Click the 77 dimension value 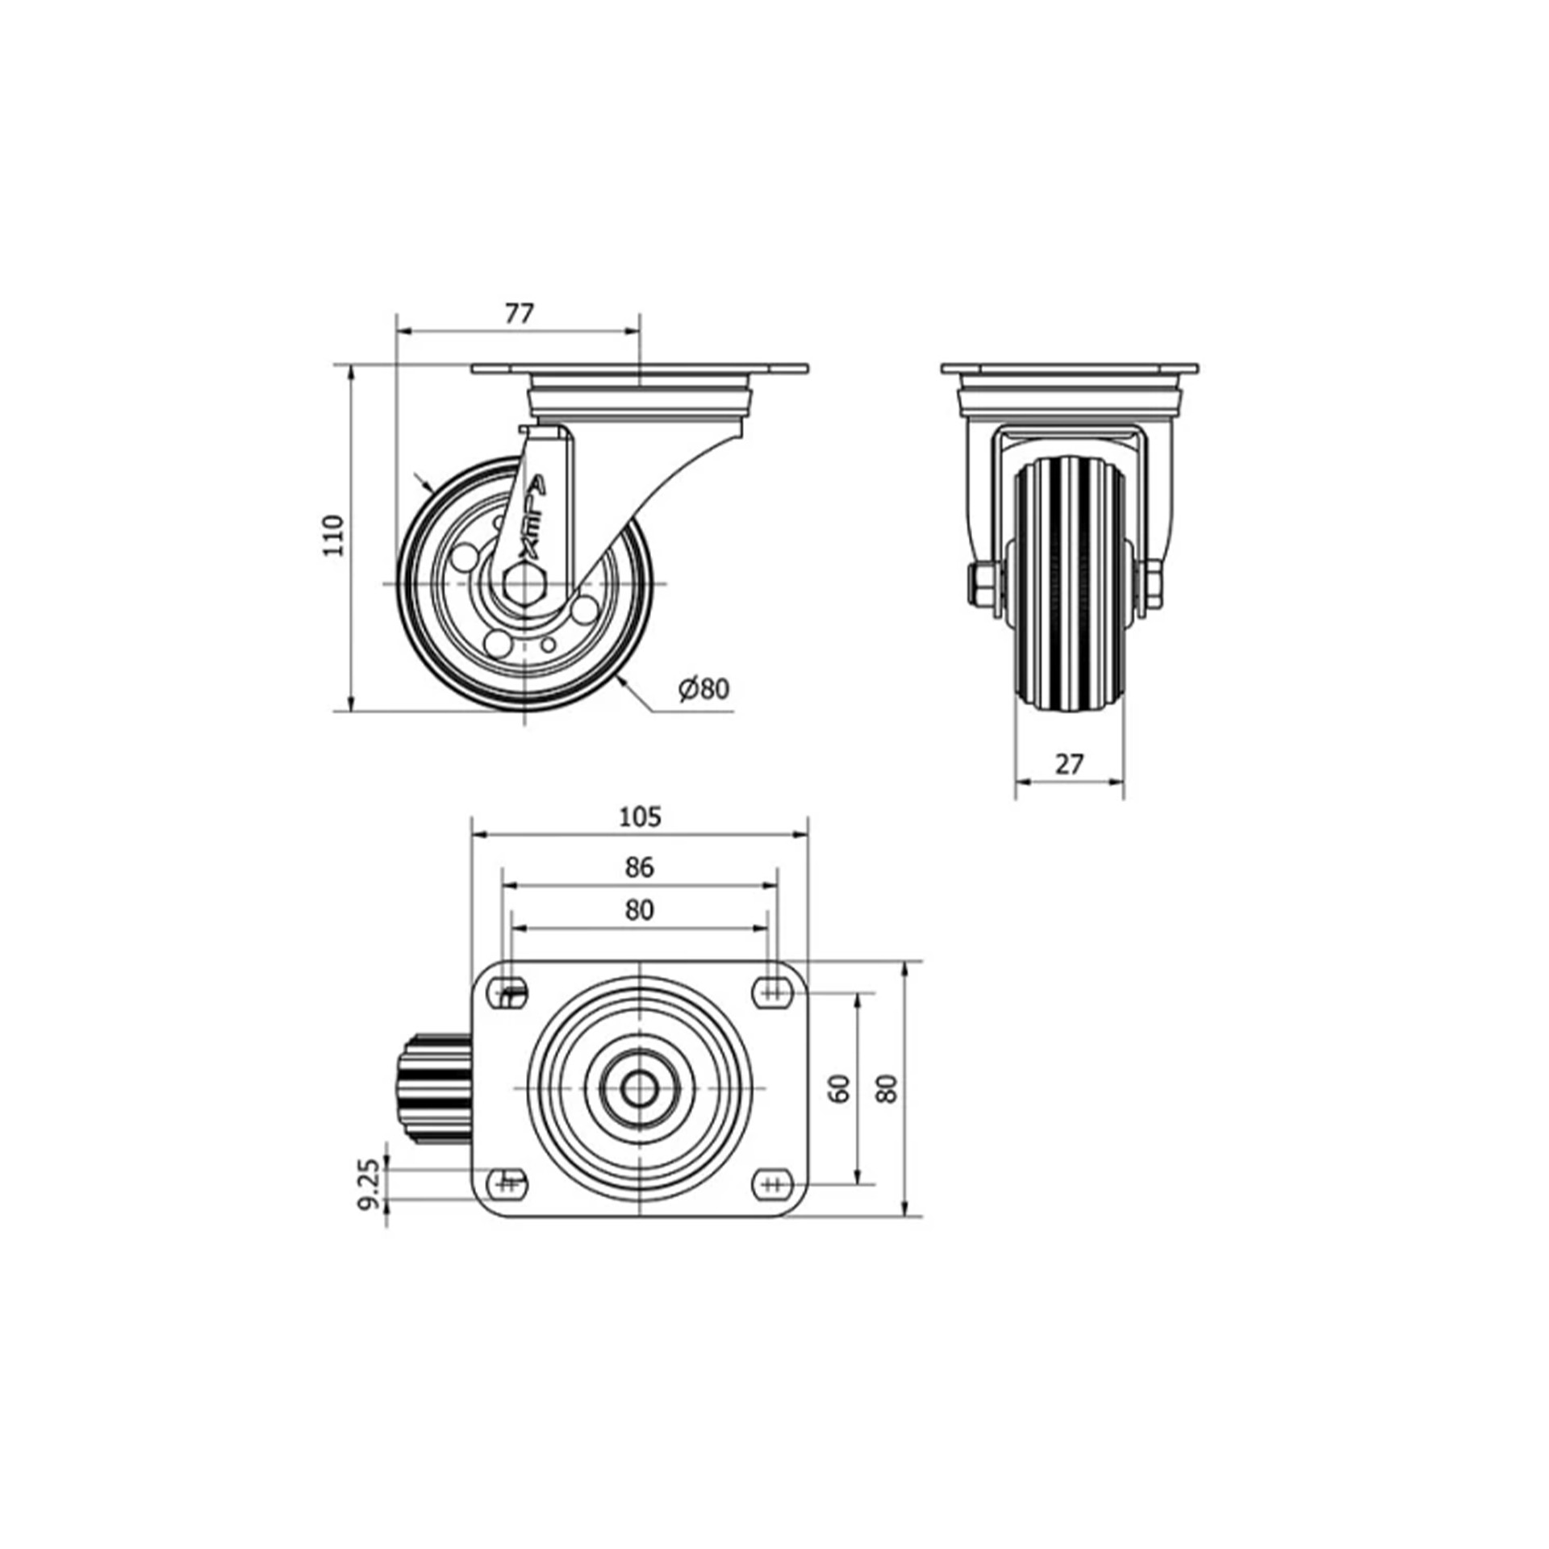[x=520, y=314]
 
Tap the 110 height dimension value [x=333, y=534]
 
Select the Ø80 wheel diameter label [x=704, y=688]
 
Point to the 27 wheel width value [x=1069, y=764]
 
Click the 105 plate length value [x=640, y=817]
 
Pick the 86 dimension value [x=639, y=867]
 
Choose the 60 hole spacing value [x=840, y=1088]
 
